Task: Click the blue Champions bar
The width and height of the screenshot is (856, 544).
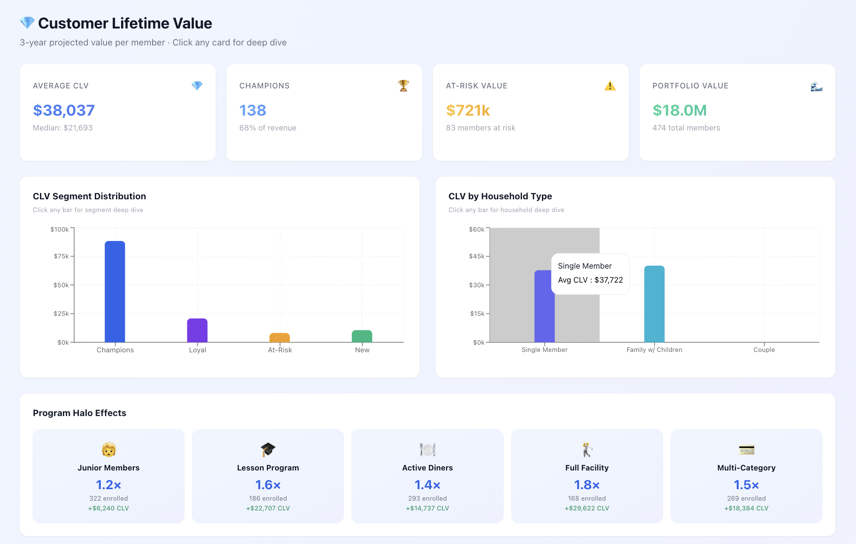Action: (115, 292)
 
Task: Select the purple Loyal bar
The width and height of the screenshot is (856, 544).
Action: (197, 330)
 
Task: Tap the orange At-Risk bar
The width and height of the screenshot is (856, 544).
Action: (280, 337)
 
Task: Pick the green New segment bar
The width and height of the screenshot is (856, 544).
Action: (362, 336)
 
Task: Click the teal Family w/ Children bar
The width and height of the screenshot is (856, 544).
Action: (654, 304)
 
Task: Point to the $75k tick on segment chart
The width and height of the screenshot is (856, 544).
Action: (62, 256)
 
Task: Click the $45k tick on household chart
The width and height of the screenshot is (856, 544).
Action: (476, 256)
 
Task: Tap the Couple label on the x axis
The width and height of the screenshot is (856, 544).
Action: (764, 350)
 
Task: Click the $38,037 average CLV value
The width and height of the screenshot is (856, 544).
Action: (64, 110)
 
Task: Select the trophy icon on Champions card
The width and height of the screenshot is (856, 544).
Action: (403, 85)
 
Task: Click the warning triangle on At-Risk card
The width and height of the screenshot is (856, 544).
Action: (610, 86)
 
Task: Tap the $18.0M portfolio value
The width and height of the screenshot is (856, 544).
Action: (680, 110)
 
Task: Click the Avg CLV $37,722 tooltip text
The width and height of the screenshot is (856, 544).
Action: (590, 280)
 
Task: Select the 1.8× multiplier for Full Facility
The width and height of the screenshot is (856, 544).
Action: (587, 485)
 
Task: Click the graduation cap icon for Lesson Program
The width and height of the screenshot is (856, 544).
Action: (268, 449)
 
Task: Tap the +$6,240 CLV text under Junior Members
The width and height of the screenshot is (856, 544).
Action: (108, 508)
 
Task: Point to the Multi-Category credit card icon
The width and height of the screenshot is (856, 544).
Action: (746, 449)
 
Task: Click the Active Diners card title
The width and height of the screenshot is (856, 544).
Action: (427, 468)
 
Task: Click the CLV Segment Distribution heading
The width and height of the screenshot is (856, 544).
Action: (89, 196)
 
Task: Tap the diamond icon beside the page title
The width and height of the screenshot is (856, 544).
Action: (27, 23)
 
